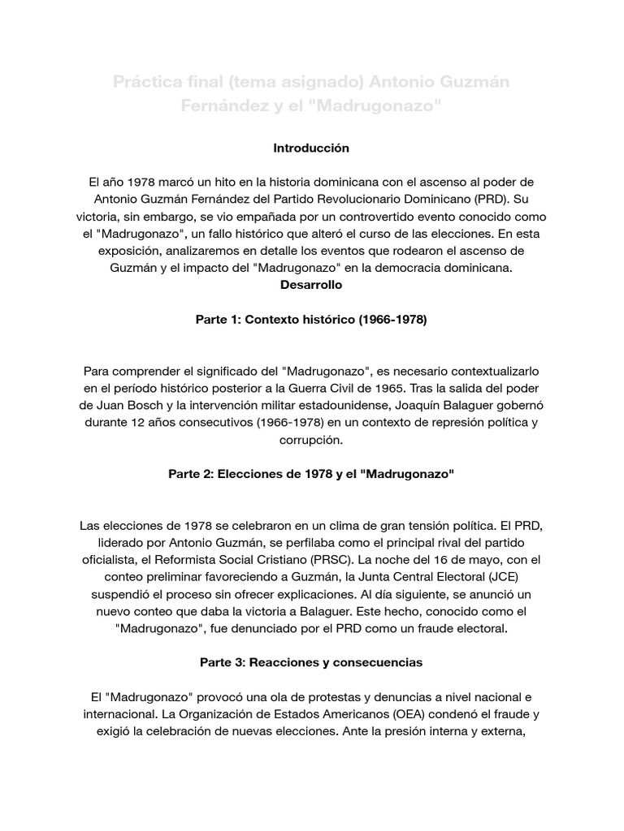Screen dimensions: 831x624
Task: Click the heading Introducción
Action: pos(311,149)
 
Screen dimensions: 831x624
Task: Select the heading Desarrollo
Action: pos(311,285)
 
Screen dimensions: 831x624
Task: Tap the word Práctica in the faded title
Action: pos(149,82)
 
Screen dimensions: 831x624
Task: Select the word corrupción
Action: pos(311,441)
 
